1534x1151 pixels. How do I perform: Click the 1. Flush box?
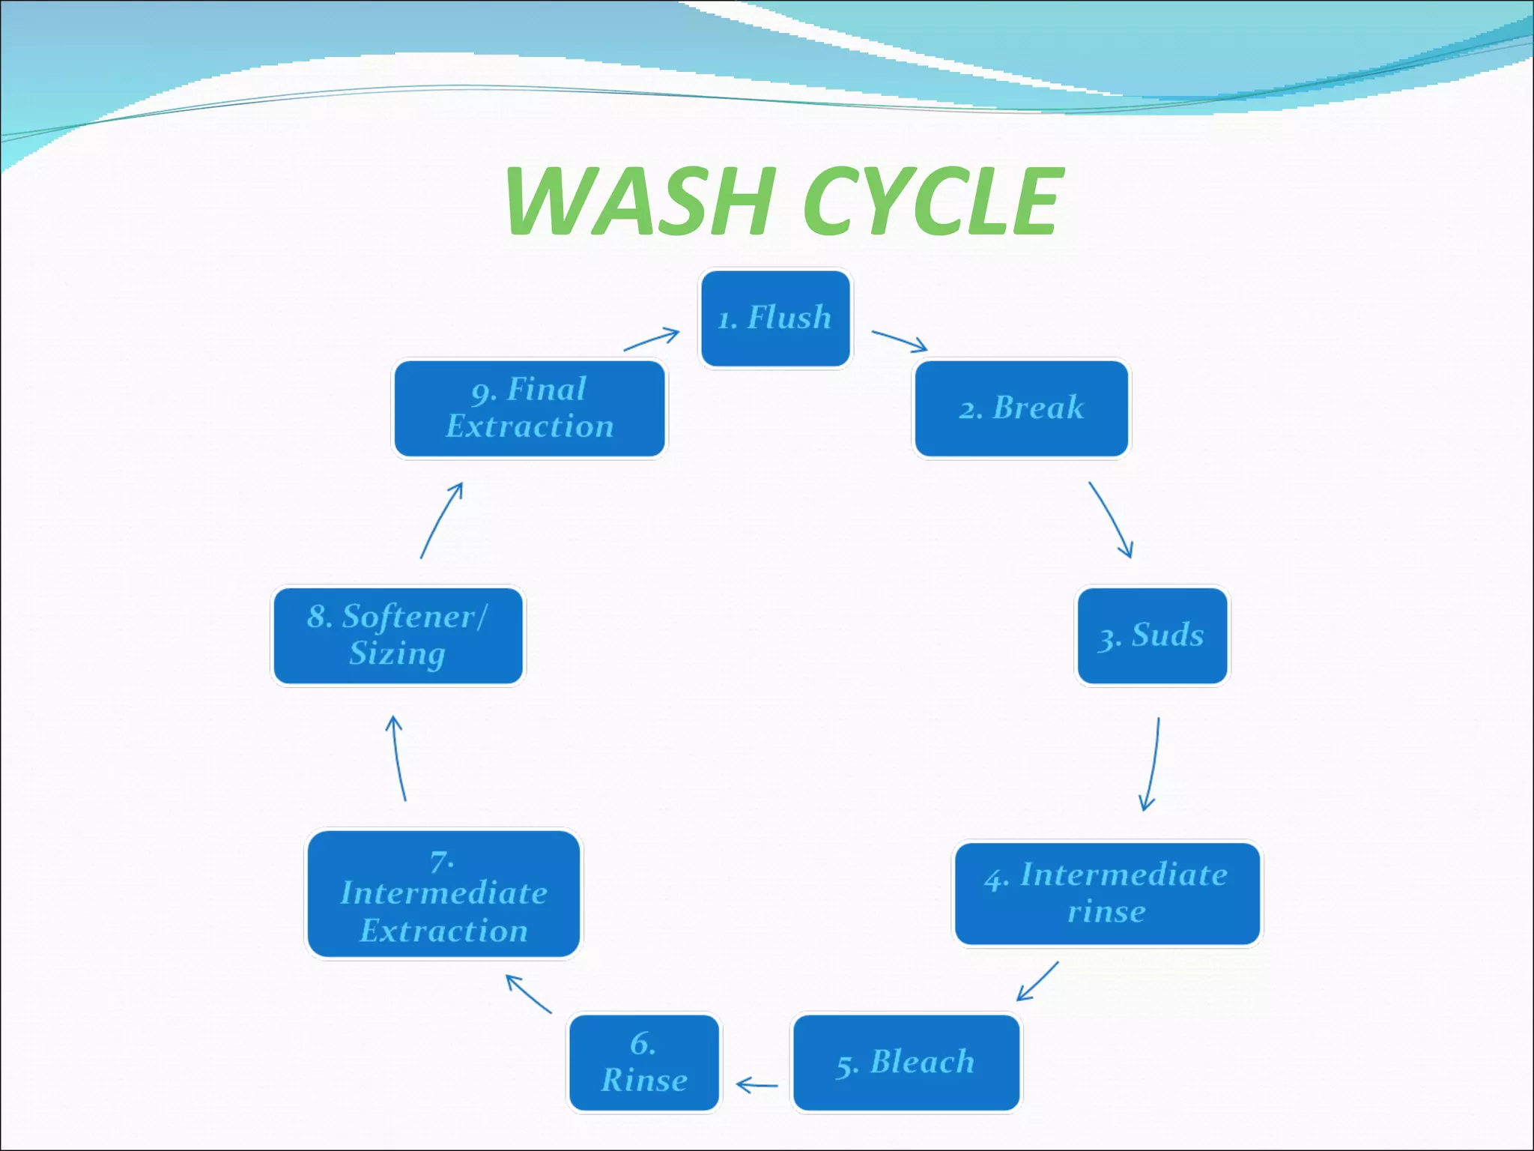[x=775, y=318]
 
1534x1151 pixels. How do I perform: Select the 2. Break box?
[x=1021, y=408]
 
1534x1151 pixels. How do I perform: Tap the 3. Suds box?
[x=1152, y=635]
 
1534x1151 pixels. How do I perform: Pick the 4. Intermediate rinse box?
[x=1106, y=893]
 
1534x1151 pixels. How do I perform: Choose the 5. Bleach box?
[x=906, y=1063]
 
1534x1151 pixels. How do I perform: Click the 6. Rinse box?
[x=644, y=1063]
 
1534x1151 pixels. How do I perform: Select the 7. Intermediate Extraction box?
[x=443, y=894]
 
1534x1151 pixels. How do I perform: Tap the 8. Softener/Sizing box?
[x=398, y=635]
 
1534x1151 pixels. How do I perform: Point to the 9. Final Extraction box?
[x=530, y=408]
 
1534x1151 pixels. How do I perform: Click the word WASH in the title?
[x=640, y=201]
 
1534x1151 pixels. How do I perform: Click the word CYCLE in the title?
[x=933, y=201]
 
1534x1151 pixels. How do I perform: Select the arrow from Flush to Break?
[x=900, y=341]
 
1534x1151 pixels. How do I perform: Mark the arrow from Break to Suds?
[x=1111, y=519]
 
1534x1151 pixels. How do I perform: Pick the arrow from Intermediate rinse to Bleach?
[x=1038, y=981]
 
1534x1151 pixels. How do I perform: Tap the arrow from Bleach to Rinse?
[x=757, y=1084]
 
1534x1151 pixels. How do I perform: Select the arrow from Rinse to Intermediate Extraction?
[x=528, y=994]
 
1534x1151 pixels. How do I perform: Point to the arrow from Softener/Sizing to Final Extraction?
[x=440, y=520]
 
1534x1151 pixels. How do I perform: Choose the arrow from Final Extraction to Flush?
[x=652, y=339]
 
